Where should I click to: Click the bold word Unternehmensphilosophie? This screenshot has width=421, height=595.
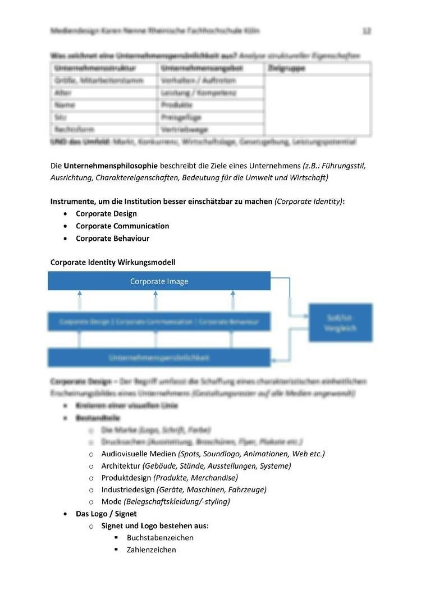[111, 166]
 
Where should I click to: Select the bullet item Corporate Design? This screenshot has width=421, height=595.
[106, 214]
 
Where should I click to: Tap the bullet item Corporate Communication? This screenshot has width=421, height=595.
[122, 226]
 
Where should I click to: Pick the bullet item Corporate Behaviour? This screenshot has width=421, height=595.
[112, 239]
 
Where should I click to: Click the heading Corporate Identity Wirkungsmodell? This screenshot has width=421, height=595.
[113, 262]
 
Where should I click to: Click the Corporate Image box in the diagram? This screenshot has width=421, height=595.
[159, 281]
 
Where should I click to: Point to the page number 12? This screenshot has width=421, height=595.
[367, 31]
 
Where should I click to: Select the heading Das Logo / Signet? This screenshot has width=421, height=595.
[106, 514]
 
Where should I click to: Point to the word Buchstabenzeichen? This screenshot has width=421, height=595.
[160, 538]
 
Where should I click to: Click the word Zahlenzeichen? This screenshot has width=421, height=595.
[151, 550]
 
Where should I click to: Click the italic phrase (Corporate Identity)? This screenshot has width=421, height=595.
[309, 202]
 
